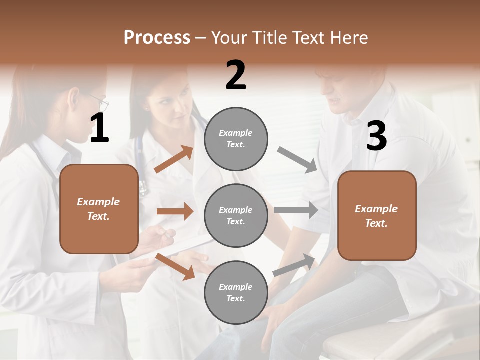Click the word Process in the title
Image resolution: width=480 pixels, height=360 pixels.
tap(157, 38)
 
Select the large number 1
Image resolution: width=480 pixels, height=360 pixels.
tap(99, 129)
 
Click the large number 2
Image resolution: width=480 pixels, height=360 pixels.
tap(236, 75)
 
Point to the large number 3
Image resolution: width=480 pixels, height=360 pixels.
tap(376, 137)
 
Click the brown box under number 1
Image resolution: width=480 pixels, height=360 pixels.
tap(99, 209)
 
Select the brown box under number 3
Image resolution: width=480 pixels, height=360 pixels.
tap(377, 215)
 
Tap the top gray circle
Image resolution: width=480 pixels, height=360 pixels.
tap(236, 139)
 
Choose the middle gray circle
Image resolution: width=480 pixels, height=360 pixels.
tap(236, 215)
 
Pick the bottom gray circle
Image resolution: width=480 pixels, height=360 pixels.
tap(236, 292)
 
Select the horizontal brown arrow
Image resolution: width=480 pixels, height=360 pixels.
tap(175, 211)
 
